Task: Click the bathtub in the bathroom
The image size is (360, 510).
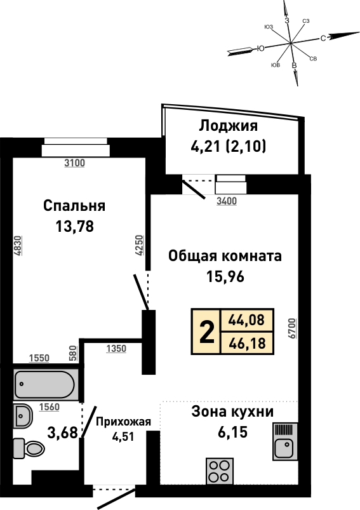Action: pos(46,384)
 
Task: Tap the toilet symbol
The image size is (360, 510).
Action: pos(29,449)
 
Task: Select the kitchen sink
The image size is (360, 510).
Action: pos(285,441)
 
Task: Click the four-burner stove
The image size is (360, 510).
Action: pos(219,473)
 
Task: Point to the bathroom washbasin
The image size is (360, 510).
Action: pos(23,416)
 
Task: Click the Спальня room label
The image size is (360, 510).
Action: pos(74,206)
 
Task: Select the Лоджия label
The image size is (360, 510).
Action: pos(229,126)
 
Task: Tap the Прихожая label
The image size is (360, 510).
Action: pos(124,422)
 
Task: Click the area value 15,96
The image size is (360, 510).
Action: pos(225,277)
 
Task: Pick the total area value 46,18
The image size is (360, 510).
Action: pos(247,343)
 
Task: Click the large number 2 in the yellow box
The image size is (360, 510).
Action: pos(207,332)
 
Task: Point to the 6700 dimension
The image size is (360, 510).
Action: pos(292,328)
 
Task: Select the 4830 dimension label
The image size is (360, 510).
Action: pos(18,246)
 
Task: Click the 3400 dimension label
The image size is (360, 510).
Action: pos(227,201)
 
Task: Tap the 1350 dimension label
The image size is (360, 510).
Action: pos(116,349)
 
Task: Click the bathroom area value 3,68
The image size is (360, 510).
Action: pos(62,433)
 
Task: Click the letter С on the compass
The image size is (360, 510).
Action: pos(323,38)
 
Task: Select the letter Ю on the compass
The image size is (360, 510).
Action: pos(260,48)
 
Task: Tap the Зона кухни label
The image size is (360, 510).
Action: pos(232,412)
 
